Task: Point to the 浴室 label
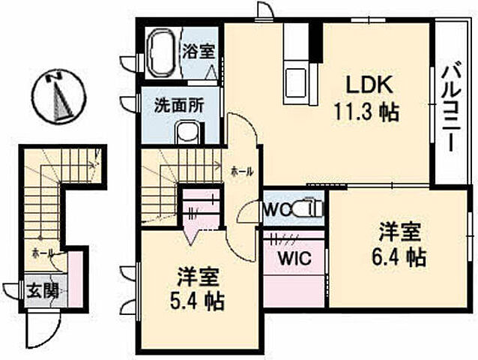click(x=199, y=52)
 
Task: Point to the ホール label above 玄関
click(x=42, y=253)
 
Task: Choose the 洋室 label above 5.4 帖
click(x=199, y=276)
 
